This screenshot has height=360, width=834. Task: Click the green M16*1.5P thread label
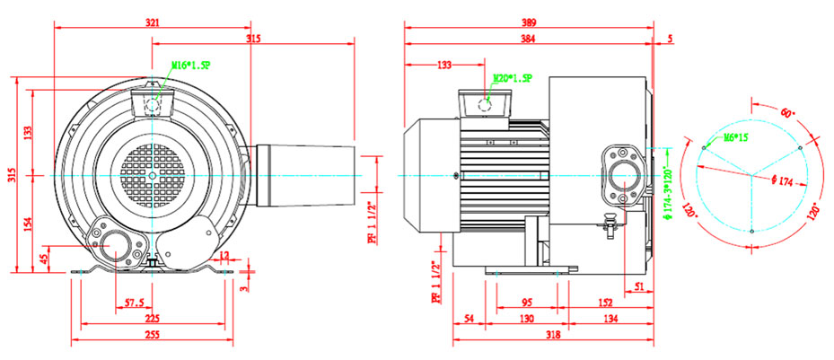191,65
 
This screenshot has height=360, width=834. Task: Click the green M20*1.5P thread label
509,77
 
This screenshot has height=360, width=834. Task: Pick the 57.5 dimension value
135,302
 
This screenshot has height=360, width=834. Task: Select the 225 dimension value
153,318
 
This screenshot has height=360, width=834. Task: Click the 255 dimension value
152,335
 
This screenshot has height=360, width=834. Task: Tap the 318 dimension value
555,335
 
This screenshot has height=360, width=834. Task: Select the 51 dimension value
639,286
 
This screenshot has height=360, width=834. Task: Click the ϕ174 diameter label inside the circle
781,180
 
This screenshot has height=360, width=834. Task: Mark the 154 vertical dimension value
29,222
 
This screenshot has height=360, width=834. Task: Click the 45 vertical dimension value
45,259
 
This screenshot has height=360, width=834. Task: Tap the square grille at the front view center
155,176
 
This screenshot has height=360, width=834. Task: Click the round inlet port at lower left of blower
116,244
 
